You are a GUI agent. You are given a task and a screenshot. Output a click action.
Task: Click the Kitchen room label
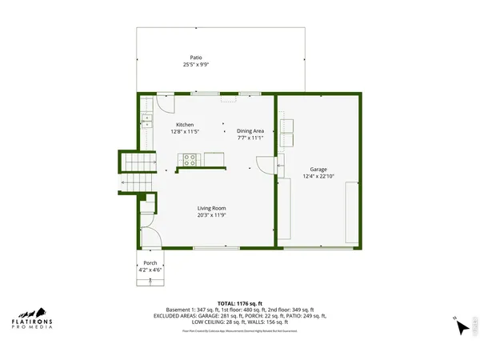coord(186,125)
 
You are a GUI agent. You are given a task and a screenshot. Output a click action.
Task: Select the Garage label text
coord(318,170)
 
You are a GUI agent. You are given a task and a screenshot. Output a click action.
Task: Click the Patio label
coord(195,58)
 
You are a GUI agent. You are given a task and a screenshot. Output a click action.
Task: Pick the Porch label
coord(150,263)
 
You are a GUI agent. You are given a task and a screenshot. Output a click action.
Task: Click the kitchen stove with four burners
coord(190,160)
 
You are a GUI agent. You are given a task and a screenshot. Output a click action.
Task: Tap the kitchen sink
coord(147,122)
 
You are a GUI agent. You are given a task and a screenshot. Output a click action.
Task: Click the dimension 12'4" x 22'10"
coord(318,176)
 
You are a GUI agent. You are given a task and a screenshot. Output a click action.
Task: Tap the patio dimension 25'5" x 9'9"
coord(195,64)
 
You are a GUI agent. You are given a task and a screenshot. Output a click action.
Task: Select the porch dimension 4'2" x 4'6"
coord(150,270)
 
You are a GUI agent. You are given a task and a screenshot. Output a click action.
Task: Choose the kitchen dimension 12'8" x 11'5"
coord(186,131)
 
